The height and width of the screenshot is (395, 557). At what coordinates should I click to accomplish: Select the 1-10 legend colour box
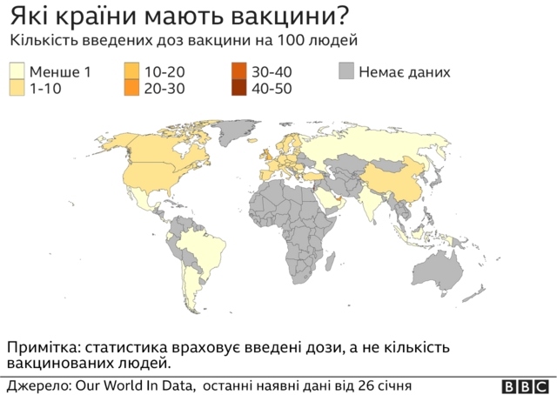point(17,87)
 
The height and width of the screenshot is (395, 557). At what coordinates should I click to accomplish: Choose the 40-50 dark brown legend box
point(238,87)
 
